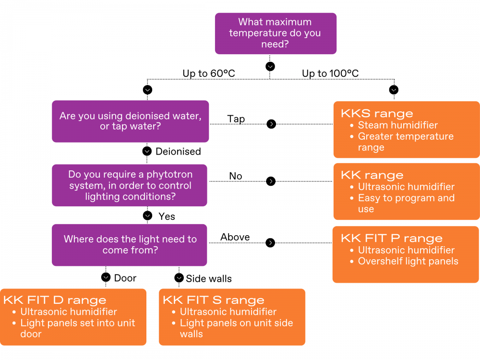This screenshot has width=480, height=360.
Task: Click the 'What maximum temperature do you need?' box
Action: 276,34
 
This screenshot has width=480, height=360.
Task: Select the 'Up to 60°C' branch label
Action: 209,73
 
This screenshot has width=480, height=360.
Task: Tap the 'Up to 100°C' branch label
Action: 330,73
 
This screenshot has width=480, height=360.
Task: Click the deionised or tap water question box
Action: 131,121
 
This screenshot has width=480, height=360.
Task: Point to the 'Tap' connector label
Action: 236,119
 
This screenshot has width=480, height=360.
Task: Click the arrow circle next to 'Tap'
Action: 271,124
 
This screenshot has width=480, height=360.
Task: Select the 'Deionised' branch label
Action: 178,152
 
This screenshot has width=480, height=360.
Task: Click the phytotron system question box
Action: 130,185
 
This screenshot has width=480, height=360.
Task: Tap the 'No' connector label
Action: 235,176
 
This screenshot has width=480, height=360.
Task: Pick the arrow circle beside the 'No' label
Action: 271,181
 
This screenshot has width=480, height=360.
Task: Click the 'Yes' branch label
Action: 167,216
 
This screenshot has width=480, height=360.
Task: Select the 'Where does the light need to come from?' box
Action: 130,245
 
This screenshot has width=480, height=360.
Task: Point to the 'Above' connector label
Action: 235,237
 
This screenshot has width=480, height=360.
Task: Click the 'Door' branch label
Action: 125,278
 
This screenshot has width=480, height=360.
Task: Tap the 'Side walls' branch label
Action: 209,278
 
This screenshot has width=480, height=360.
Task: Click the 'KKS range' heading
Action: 377,114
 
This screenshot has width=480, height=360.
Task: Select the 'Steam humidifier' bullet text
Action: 397,125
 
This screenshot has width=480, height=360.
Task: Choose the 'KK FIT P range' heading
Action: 392,238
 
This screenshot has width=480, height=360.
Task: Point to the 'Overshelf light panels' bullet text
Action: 408,262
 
